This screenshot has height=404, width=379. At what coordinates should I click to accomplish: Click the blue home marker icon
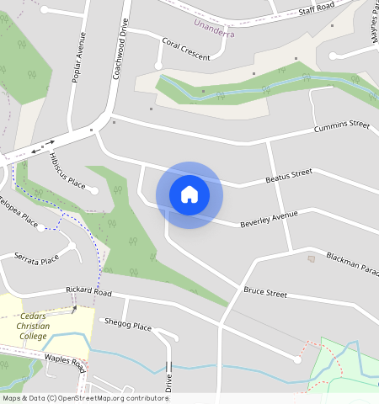[x=189, y=194]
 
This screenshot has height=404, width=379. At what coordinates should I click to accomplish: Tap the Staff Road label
[x=316, y=9]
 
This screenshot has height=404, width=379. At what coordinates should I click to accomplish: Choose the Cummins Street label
[x=341, y=126]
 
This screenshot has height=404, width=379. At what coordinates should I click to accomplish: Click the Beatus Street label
[x=289, y=175]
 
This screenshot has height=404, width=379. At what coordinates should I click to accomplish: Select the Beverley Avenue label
[x=269, y=219]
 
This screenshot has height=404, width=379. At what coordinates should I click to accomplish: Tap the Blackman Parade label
[x=353, y=261]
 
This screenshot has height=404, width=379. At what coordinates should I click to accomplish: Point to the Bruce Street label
[x=265, y=292]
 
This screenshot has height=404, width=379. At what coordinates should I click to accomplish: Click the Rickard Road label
[x=89, y=291]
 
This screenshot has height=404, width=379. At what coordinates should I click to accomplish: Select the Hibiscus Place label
[x=67, y=171]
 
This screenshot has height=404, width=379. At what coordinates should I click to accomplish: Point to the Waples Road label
[x=66, y=364]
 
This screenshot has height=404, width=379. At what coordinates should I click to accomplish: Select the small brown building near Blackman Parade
[x=311, y=258]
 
